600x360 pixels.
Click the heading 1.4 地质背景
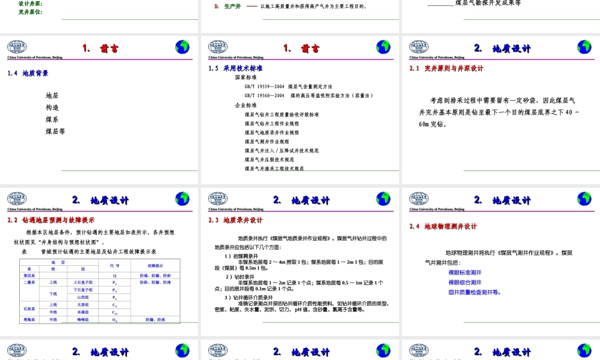click(x=28, y=73)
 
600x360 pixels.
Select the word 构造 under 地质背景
click(x=52, y=107)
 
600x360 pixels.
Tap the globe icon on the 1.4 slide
click(x=182, y=47)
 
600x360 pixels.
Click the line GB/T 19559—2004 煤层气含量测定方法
click(x=288, y=86)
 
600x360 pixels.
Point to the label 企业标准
click(x=245, y=105)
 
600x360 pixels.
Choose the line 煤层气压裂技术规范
click(x=269, y=160)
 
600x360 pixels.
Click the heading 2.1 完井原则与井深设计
click(x=446, y=68)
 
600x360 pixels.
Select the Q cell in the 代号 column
click(x=115, y=275)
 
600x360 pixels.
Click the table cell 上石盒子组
click(x=83, y=282)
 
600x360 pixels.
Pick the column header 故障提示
click(x=155, y=265)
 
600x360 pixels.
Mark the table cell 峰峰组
click(x=83, y=320)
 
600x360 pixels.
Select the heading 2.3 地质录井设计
click(x=236, y=220)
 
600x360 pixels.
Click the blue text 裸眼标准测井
click(x=464, y=272)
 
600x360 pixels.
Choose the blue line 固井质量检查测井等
click(x=475, y=293)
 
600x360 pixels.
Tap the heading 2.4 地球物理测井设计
click(x=443, y=226)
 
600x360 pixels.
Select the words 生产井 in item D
click(x=233, y=7)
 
